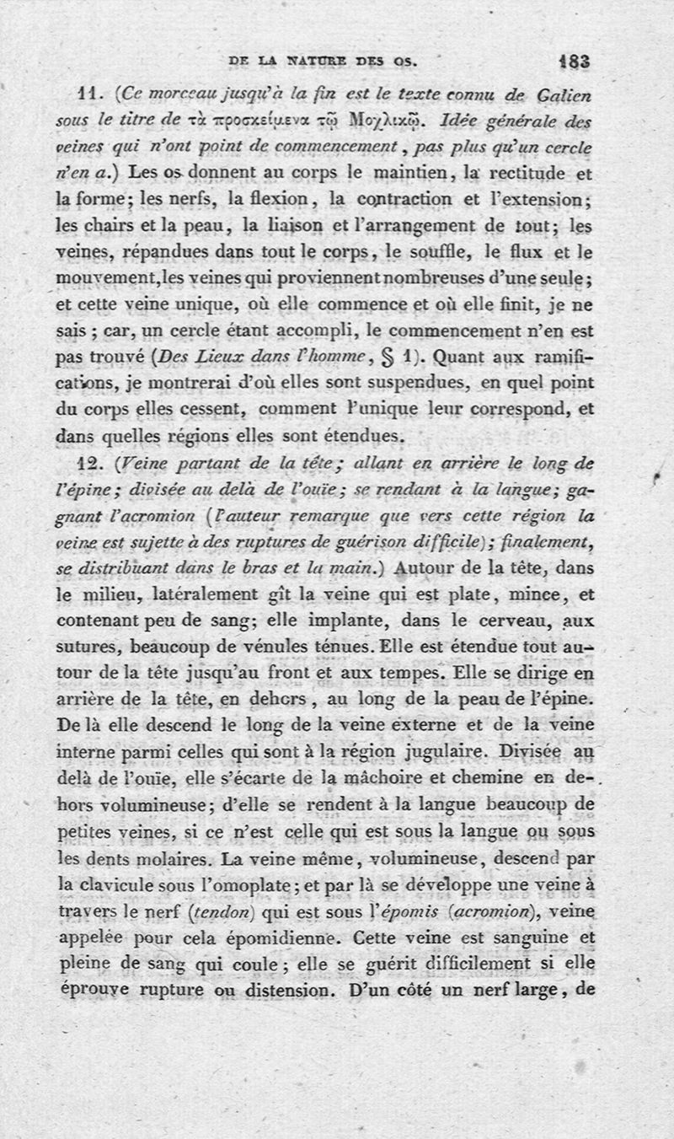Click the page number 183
[x=574, y=61]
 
